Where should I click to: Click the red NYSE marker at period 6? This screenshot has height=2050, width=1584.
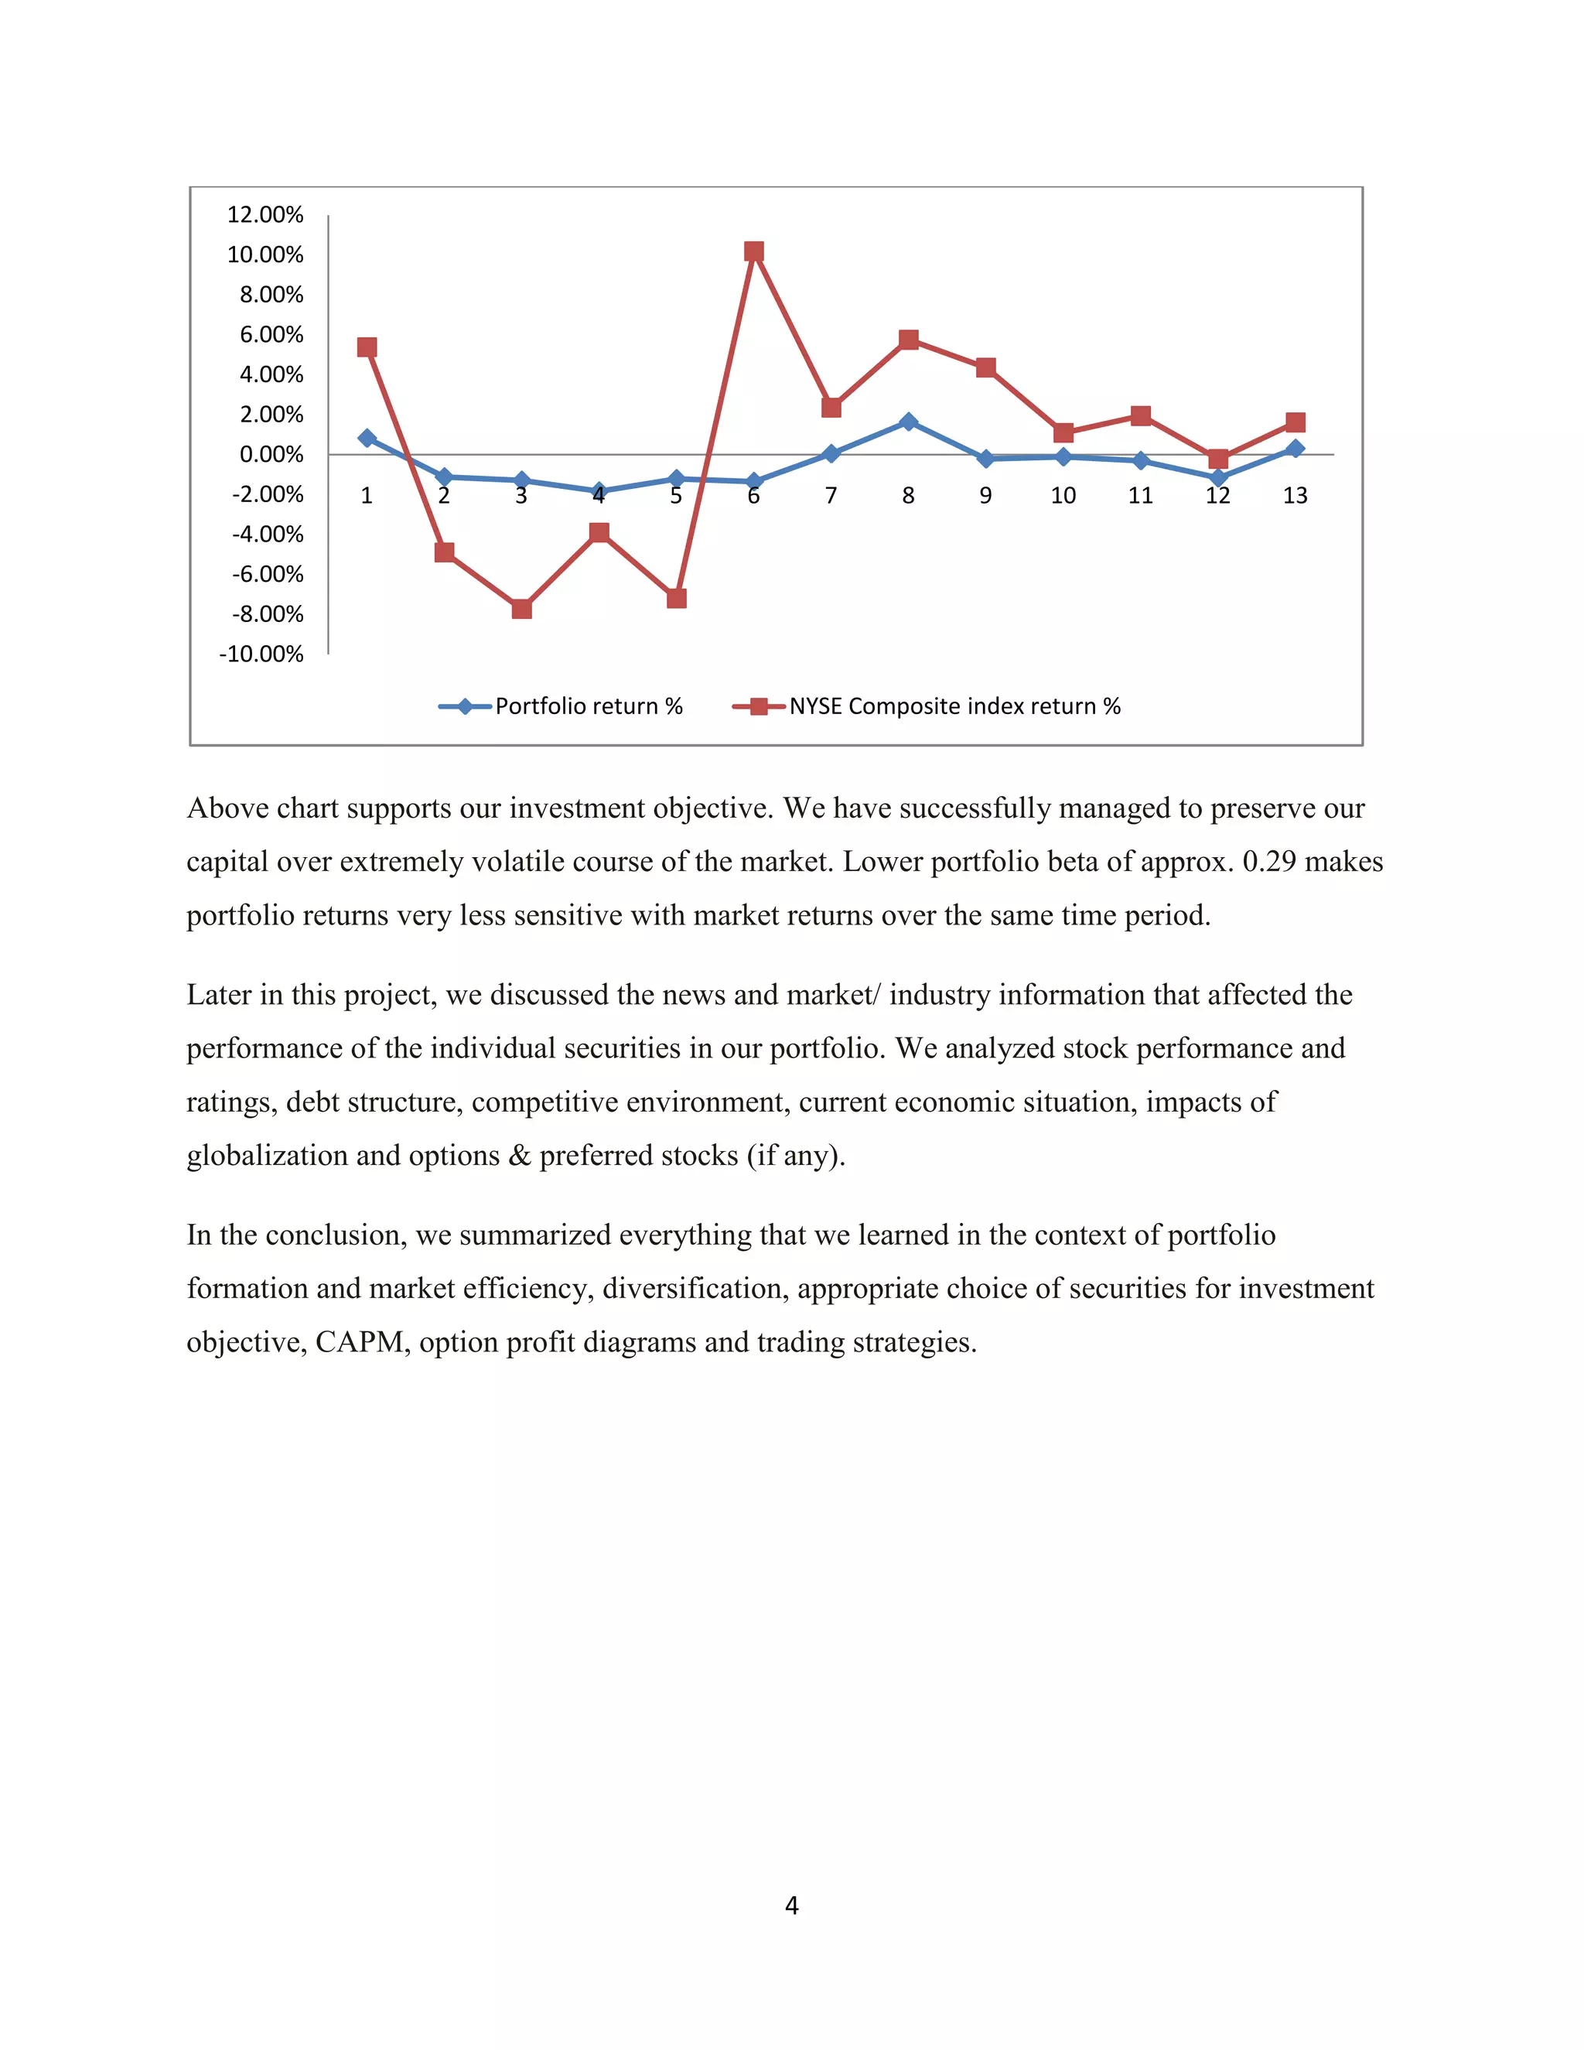[x=753, y=251]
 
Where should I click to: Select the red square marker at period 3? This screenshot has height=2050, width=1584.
[x=522, y=609]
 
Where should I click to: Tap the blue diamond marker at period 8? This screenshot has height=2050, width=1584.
[x=908, y=422]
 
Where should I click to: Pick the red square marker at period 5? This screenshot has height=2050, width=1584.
[x=677, y=598]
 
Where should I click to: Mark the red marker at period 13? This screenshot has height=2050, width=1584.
[x=1295, y=422]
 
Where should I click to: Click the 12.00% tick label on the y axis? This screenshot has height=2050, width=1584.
[x=265, y=215]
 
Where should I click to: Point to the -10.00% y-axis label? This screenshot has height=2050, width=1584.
[x=262, y=654]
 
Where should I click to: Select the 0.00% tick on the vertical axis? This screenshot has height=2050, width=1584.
[x=271, y=455]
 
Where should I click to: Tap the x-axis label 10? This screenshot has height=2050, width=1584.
[x=1062, y=496]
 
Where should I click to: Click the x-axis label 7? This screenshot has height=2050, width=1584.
[x=831, y=496]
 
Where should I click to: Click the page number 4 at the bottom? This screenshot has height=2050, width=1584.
[x=792, y=1905]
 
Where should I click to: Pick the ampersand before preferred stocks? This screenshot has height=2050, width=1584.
[x=520, y=1156]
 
